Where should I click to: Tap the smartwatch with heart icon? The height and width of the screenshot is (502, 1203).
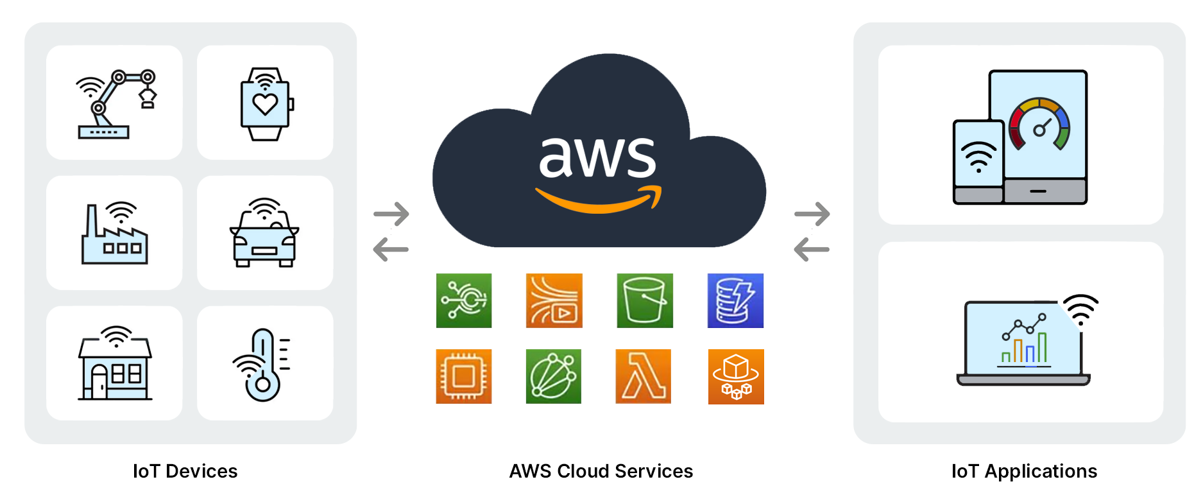point(265,104)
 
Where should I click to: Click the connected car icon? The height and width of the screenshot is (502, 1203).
point(264,234)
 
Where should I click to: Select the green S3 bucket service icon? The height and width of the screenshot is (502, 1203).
point(645,300)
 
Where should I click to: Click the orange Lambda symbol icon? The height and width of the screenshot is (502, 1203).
point(643,376)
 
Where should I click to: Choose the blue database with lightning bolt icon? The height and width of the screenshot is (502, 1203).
point(735,300)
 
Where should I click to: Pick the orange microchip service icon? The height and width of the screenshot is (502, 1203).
point(463,376)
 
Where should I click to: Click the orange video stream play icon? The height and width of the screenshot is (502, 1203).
point(554,300)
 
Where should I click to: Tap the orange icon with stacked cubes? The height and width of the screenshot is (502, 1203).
point(735,376)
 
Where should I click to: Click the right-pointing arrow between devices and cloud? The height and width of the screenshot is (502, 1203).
point(391,214)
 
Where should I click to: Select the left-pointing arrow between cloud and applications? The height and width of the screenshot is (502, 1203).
point(812,249)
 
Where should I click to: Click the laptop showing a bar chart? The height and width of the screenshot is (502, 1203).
point(1023,344)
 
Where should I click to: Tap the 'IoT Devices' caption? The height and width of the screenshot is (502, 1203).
point(185,471)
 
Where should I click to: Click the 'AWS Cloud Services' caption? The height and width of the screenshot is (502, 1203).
point(601,471)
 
